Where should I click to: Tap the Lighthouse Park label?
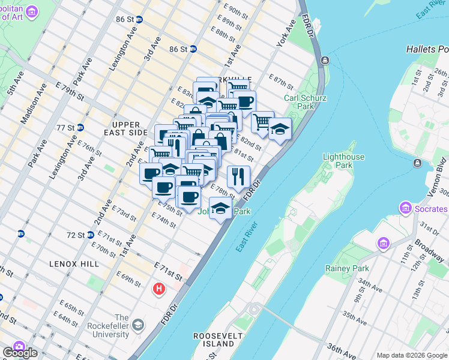[344, 161]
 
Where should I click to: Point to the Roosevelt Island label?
[214, 340]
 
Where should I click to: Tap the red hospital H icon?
[159, 289]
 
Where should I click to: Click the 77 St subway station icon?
[80, 127]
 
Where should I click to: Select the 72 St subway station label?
[76, 235]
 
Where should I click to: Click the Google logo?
[20, 353]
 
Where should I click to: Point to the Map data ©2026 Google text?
[412, 355]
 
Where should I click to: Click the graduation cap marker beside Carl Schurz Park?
[280, 129]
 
